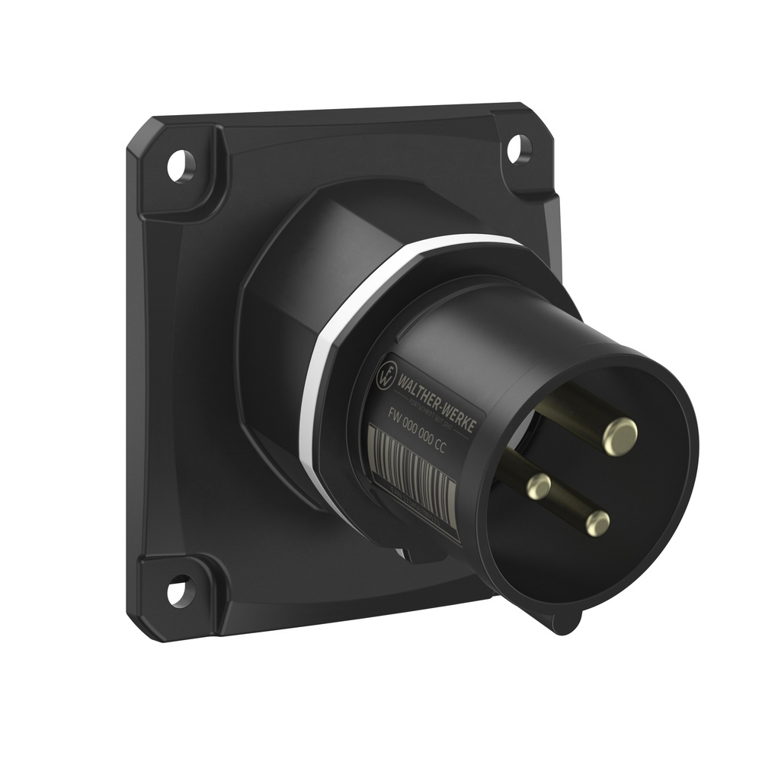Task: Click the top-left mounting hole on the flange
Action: tap(181, 166)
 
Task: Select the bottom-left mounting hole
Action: tap(177, 590)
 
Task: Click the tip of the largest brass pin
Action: tap(620, 437)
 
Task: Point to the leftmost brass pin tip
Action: tap(539, 485)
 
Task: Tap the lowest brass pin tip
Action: tap(597, 523)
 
